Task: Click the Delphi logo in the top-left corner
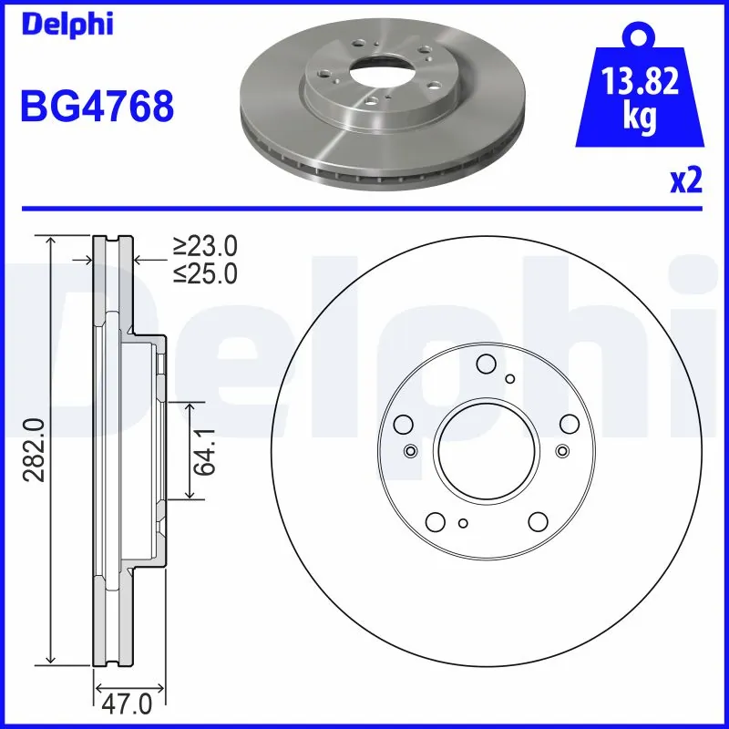(x=67, y=24)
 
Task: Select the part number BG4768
(x=97, y=108)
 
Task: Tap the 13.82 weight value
(x=640, y=85)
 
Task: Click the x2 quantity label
(x=686, y=181)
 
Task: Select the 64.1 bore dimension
(x=209, y=449)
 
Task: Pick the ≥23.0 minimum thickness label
(x=205, y=246)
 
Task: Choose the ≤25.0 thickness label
(x=205, y=272)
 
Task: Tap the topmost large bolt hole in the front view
(x=486, y=364)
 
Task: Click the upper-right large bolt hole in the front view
(x=570, y=423)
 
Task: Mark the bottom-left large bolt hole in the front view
(x=436, y=521)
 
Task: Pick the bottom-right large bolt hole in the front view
(x=536, y=521)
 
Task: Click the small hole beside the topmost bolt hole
(x=510, y=379)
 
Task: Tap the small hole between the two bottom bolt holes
(x=463, y=522)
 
